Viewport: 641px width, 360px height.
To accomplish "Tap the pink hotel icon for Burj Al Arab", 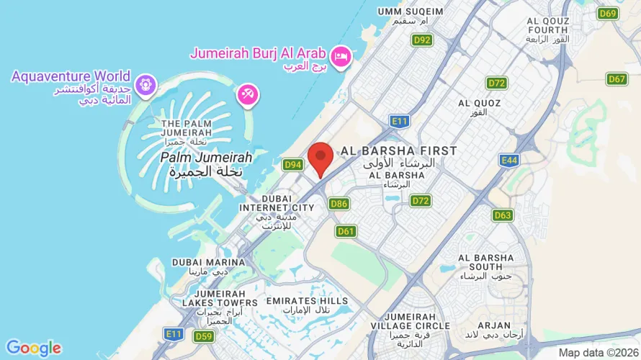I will coord(340,55).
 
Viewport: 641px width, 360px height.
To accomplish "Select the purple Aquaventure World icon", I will coord(146,84).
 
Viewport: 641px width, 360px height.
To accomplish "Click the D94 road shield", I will coord(292,165).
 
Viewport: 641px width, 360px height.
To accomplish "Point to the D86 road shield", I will coord(339,204).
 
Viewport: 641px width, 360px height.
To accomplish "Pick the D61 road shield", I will coord(346,231).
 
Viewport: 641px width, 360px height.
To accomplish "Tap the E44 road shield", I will coord(509,160).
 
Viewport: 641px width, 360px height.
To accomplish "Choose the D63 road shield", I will coord(503,215).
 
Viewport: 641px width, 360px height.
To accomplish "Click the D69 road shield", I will coord(609,13).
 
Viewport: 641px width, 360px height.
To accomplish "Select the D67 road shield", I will coord(617,79).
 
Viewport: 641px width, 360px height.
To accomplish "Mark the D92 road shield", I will coord(422,40).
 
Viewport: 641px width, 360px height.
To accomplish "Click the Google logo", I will coord(33,348).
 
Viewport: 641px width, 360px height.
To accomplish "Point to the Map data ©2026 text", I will coord(597,353).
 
